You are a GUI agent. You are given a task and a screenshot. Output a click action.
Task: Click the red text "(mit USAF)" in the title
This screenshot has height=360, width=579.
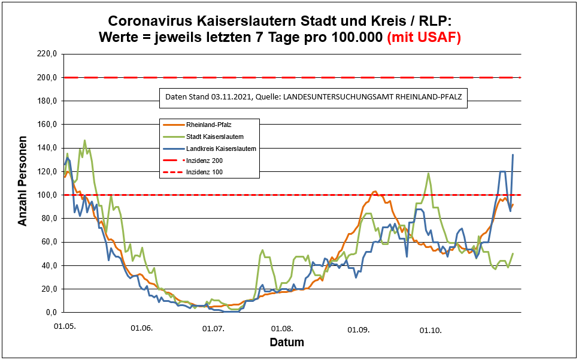pyautogui.click(x=424, y=37)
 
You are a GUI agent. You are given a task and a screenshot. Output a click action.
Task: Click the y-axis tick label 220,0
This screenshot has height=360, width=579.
pyautogui.click(x=46, y=54)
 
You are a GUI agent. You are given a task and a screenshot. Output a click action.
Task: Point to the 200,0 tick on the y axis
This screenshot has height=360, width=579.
pyautogui.click(x=46, y=77)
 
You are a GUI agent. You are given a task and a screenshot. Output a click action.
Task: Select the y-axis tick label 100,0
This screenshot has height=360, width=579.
pyautogui.click(x=46, y=195)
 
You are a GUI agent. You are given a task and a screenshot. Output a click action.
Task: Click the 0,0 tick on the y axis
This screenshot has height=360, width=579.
pyautogui.click(x=50, y=312)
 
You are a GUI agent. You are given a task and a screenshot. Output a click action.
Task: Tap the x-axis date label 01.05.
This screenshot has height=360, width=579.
pyautogui.click(x=64, y=329)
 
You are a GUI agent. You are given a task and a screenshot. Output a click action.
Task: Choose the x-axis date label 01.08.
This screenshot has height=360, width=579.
pyautogui.click(x=282, y=329)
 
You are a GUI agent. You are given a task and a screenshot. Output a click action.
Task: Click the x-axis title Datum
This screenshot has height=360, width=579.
pyautogui.click(x=286, y=343)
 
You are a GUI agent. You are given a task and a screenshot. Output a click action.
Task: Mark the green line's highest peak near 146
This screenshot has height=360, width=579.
pyautogui.click(x=85, y=141)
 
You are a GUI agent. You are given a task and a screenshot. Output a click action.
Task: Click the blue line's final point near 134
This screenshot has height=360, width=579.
pyautogui.click(x=513, y=155)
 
